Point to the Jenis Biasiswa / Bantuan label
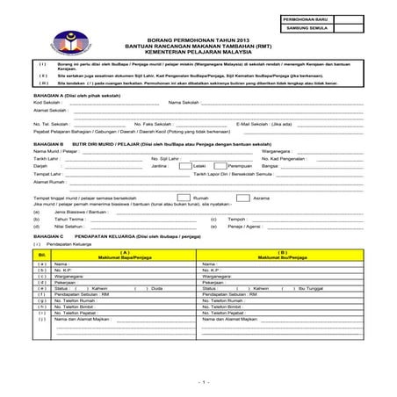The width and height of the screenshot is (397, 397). click(76, 212)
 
